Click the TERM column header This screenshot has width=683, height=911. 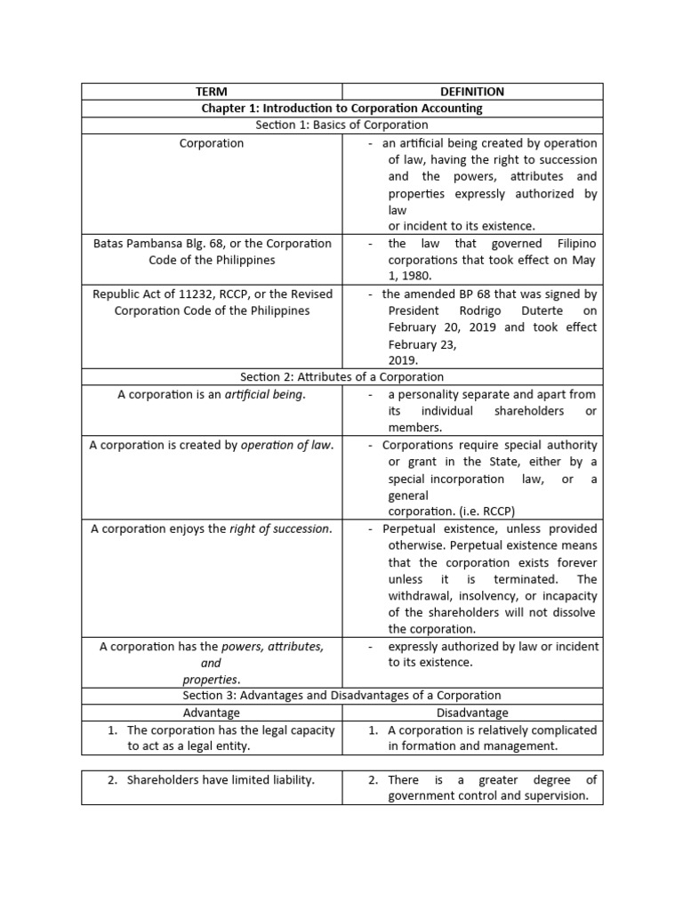pos(212,92)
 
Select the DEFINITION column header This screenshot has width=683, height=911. pos(472,92)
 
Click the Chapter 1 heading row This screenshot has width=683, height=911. pos(341,109)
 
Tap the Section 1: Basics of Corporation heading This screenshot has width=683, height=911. pos(341,125)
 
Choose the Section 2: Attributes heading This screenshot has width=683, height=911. pos(341,377)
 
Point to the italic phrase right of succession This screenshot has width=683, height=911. pos(280,528)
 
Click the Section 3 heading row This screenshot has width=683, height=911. pos(341,696)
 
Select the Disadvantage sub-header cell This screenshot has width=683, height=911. pos(472,713)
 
